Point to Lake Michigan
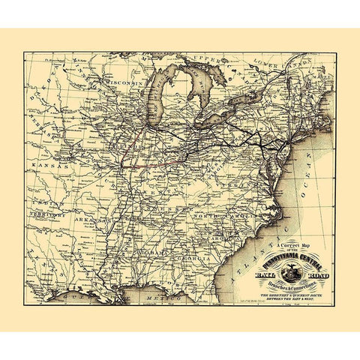pos(160,94)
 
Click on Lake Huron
pos(197,86)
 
